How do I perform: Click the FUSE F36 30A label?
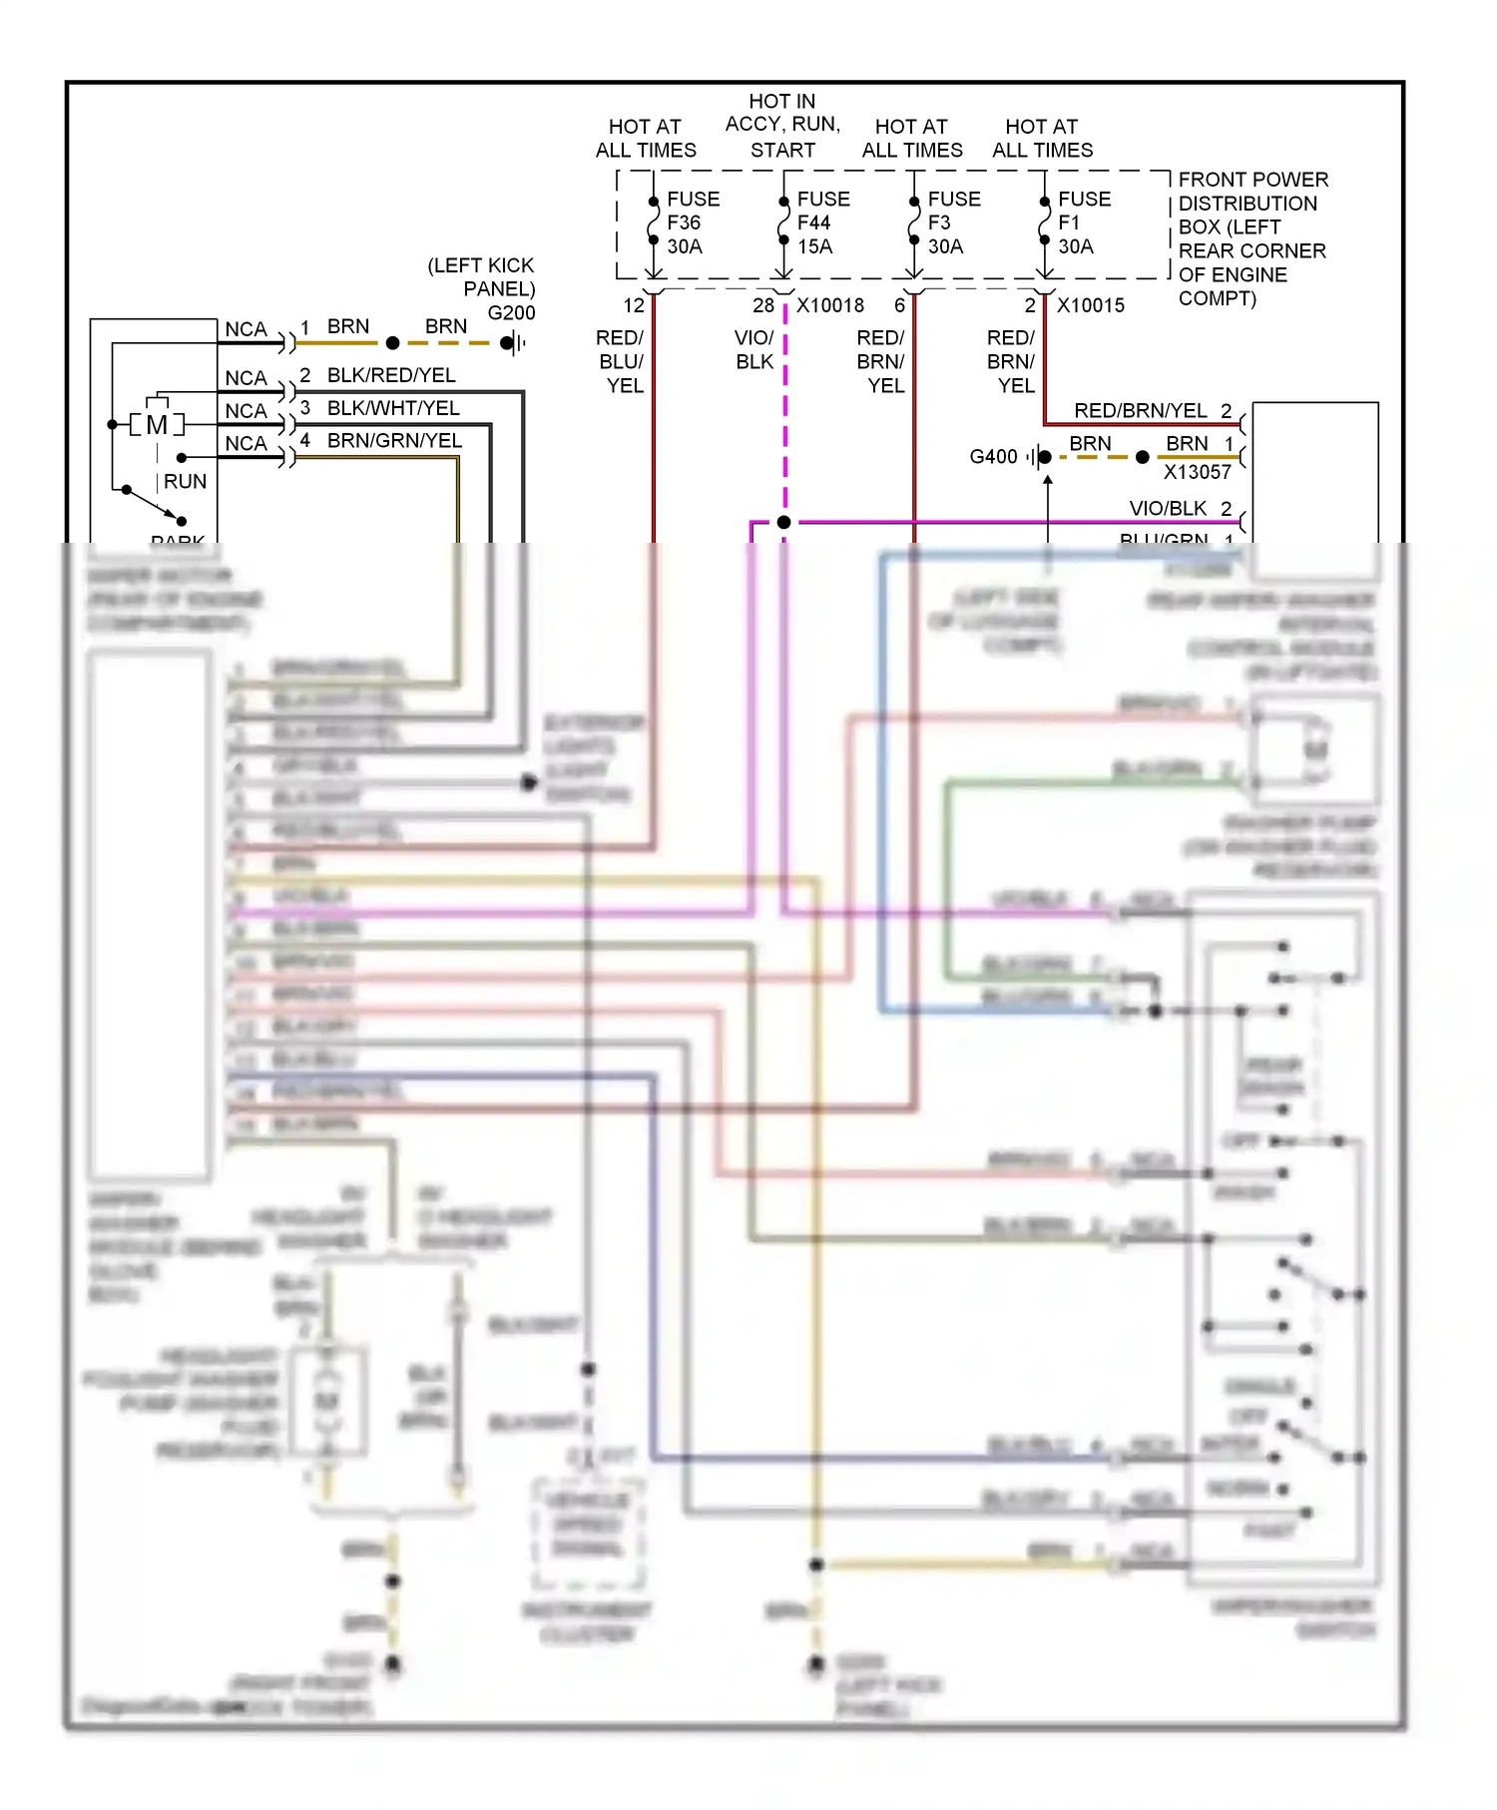pos(693,223)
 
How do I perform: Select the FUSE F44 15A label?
pos(822,223)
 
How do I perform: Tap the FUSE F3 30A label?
pos(953,223)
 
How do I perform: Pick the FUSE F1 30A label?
pos(1084,223)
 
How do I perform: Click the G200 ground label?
pos(511,313)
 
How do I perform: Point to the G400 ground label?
pos(993,457)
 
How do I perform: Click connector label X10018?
pos(830,305)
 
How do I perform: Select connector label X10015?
pos(1091,305)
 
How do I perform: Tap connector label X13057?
pos(1197,472)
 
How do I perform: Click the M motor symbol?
pos(157,425)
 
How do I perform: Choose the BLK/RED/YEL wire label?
pos(391,375)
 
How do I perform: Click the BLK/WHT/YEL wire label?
pos(393,408)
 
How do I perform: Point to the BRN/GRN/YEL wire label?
pos(394,441)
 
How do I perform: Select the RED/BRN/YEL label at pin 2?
pos(1140,411)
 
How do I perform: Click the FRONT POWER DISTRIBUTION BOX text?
pos(1252,238)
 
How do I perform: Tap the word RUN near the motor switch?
pos(185,482)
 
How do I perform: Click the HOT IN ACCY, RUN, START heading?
pos(782,126)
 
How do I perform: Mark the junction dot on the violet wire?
pos(783,522)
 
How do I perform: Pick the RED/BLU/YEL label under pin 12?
pos(621,361)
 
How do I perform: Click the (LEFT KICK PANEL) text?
pos(481,277)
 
